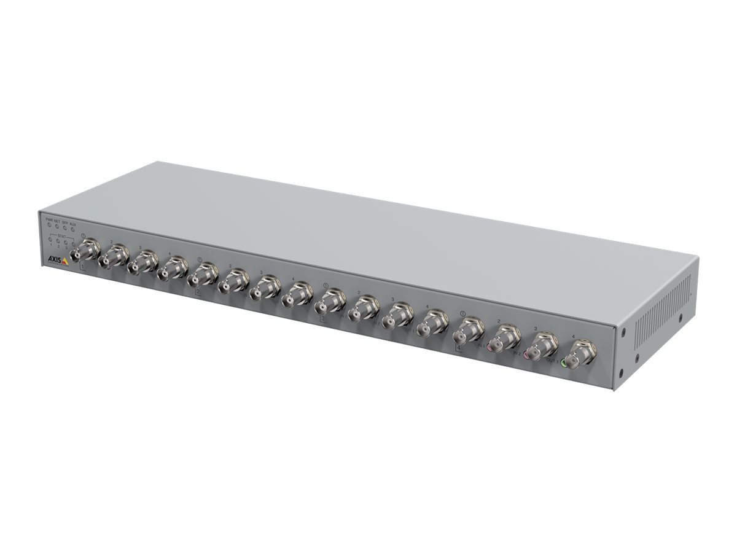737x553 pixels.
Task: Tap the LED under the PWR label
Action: pos(49,226)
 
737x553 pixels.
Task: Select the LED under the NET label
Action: pos(57,227)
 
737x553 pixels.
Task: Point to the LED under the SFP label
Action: pos(65,228)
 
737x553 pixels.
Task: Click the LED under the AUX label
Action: pos(73,229)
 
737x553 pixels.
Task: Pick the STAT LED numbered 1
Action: pos(50,239)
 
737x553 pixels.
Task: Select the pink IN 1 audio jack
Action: pos(489,346)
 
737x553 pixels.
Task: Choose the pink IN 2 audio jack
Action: pos(526,355)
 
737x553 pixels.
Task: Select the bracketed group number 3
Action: pos(323,318)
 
